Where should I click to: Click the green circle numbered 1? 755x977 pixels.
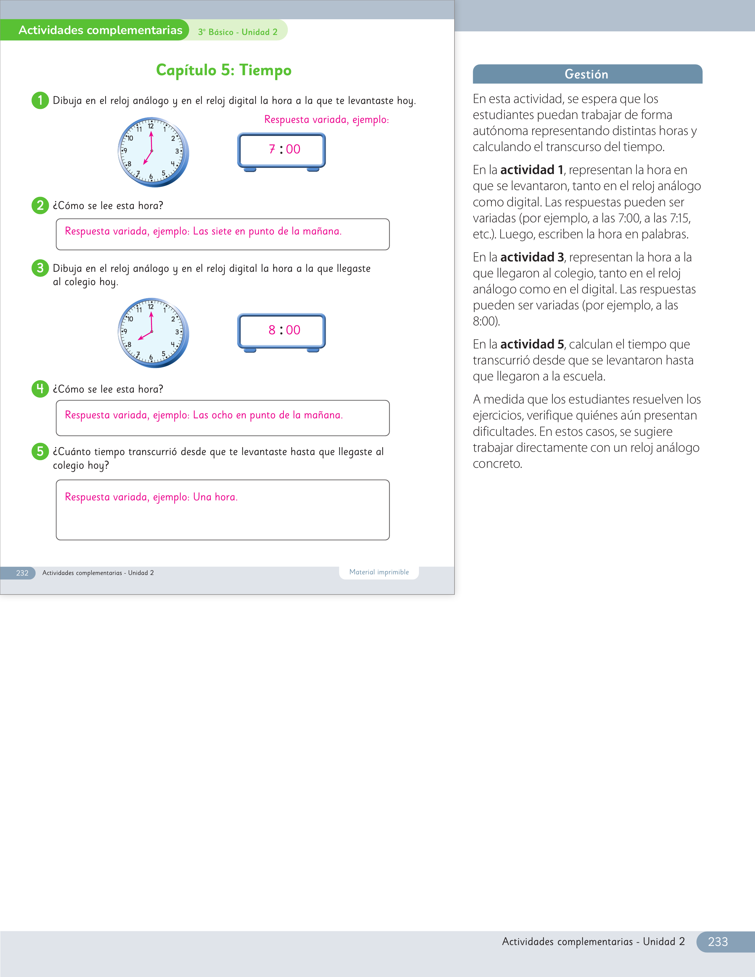tap(40, 100)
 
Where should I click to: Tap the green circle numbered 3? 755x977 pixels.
tap(40, 268)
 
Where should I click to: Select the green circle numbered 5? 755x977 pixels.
tap(40, 451)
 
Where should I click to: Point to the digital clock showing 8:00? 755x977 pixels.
tap(281, 333)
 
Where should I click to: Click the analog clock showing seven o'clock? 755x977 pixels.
tap(153, 152)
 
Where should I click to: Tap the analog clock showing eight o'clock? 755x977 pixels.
tap(153, 333)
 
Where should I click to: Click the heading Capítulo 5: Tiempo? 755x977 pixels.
tap(224, 70)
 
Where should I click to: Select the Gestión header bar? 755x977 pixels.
tap(587, 74)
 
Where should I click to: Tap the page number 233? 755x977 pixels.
tap(718, 942)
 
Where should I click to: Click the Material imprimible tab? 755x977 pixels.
tap(379, 572)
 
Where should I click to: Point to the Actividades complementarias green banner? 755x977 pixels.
tap(95, 30)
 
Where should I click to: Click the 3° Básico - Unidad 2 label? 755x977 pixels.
tap(237, 32)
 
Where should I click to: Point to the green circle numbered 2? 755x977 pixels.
tap(40, 205)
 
